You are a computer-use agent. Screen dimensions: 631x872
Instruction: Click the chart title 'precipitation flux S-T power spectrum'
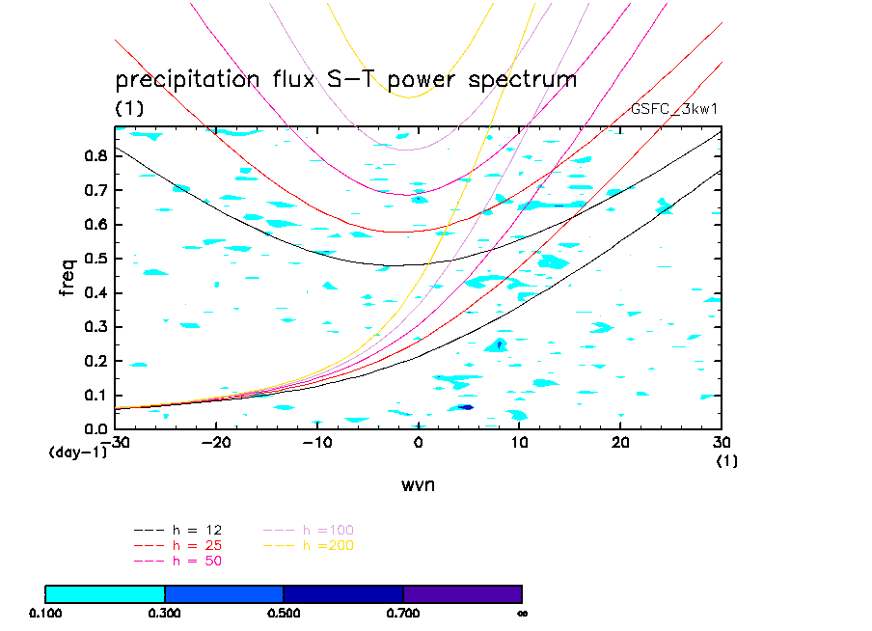coord(345,79)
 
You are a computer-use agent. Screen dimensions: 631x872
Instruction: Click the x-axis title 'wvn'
coord(419,484)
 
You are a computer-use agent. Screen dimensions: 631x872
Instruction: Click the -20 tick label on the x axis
coord(215,442)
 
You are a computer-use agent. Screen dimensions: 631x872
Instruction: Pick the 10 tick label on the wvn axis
coord(519,442)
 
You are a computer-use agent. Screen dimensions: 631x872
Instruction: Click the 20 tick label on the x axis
coord(620,442)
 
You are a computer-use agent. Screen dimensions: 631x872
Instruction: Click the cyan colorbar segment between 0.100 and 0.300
coord(105,593)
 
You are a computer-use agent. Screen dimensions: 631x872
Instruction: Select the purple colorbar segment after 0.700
coord(462,593)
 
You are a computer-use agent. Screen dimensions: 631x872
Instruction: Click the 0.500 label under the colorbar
coord(284,613)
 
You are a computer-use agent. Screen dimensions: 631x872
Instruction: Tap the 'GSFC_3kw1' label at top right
coord(673,109)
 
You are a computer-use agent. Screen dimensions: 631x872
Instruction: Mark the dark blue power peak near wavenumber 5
coord(466,407)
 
